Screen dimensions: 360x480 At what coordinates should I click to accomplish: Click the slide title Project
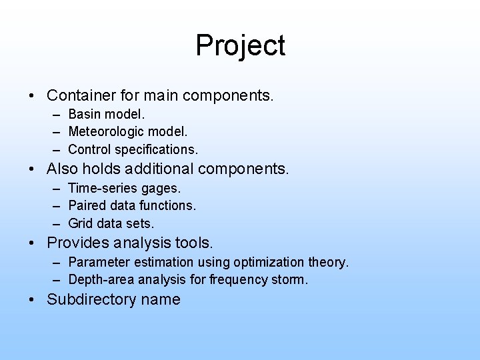tap(240, 46)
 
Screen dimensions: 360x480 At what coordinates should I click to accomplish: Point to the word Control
tap(89, 149)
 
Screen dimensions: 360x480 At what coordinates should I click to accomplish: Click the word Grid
tap(81, 222)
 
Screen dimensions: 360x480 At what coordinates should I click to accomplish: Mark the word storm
tap(287, 279)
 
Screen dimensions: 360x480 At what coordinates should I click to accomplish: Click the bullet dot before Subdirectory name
tap(33, 300)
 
